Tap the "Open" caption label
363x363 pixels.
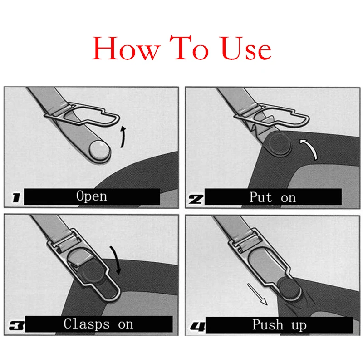coord(92,196)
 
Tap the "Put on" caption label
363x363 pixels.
coord(272,197)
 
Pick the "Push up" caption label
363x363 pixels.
coord(279,325)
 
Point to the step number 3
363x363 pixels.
coord(16,325)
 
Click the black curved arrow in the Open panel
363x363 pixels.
coord(123,137)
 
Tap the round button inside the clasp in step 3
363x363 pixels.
coord(93,273)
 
